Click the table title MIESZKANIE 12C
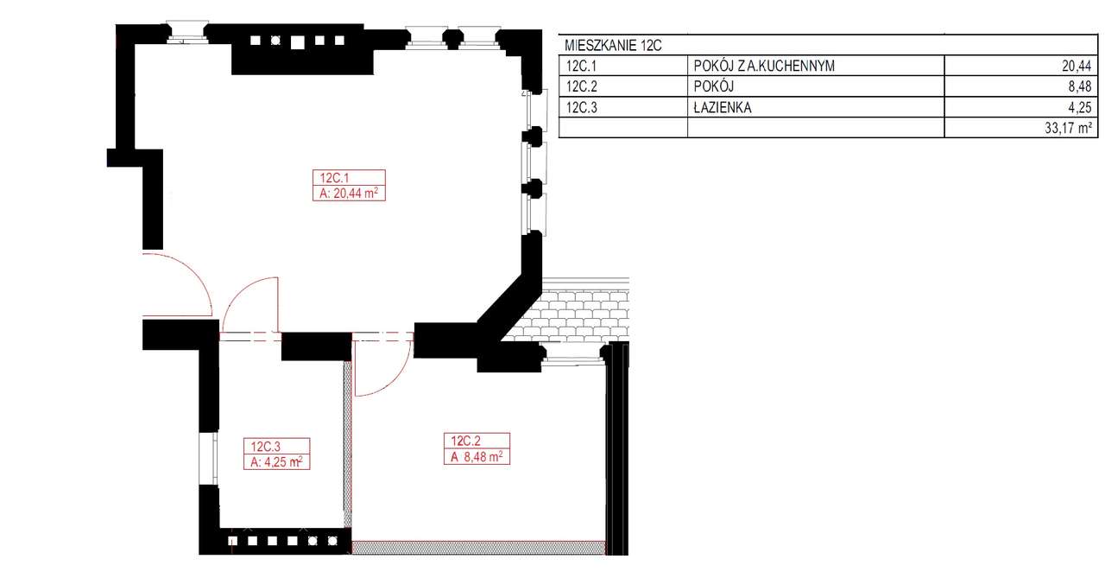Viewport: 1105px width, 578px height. point(613,46)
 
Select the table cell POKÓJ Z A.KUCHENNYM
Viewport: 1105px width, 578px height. point(764,66)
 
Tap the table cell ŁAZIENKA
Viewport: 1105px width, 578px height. point(723,108)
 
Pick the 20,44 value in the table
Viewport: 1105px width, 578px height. point(1077,66)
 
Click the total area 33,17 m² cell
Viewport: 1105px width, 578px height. point(1068,129)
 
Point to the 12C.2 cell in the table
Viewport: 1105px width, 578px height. point(582,87)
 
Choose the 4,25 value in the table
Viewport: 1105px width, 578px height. point(1080,108)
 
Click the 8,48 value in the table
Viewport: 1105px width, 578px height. point(1080,87)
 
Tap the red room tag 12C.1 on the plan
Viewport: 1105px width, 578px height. point(334,178)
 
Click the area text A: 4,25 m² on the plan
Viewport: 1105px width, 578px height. point(276,462)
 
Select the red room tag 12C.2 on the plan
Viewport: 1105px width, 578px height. point(465,441)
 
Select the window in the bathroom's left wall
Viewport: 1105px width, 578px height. point(208,459)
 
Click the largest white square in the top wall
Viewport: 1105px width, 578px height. point(298,42)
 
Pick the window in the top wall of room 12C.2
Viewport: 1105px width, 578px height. point(574,354)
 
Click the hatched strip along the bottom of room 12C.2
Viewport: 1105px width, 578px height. point(478,548)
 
